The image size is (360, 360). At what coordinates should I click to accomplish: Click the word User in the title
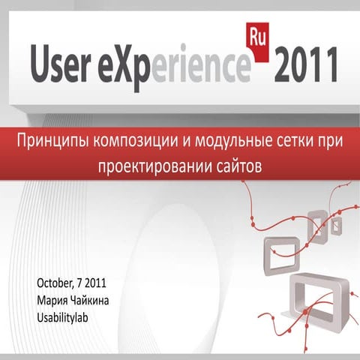[x=60, y=64]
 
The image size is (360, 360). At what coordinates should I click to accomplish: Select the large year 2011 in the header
[x=306, y=64]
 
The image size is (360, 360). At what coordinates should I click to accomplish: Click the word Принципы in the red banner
[x=53, y=142]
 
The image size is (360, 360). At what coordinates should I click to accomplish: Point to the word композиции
[x=134, y=142]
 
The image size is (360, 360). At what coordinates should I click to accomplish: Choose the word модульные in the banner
[x=229, y=142]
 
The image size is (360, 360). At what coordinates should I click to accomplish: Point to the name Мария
[x=51, y=301]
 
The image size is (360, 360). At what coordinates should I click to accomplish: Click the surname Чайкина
[x=88, y=301]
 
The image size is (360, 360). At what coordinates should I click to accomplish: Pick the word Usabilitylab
[x=62, y=318]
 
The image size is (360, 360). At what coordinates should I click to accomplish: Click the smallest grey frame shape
[x=337, y=226]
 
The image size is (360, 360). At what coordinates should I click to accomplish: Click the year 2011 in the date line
[x=95, y=283]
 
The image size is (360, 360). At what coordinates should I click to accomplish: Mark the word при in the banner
[x=328, y=142]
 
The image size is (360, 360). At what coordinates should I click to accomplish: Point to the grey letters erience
[x=201, y=67]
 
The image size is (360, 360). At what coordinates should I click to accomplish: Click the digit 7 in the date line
[x=79, y=283]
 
